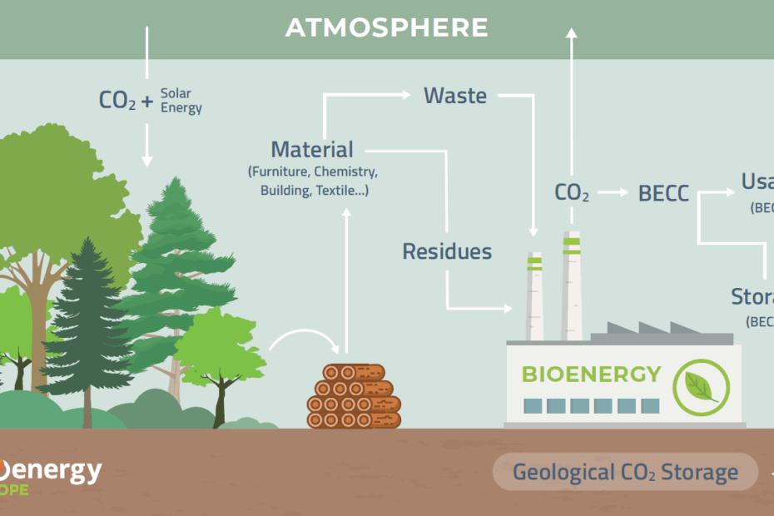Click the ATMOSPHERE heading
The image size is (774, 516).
click(386, 28)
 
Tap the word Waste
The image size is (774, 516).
click(455, 96)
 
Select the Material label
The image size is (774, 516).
click(312, 150)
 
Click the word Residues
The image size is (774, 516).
click(447, 251)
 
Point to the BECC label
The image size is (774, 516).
click(663, 194)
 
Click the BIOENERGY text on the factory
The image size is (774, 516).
click(591, 374)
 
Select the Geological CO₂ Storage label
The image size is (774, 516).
click(625, 473)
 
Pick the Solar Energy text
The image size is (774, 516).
click(181, 101)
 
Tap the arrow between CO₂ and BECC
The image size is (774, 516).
click(613, 193)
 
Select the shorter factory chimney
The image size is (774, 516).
click(533, 295)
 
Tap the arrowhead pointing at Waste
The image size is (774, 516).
click(407, 95)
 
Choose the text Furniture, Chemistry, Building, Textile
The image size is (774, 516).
click(313, 181)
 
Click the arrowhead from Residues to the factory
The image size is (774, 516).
click(508, 308)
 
